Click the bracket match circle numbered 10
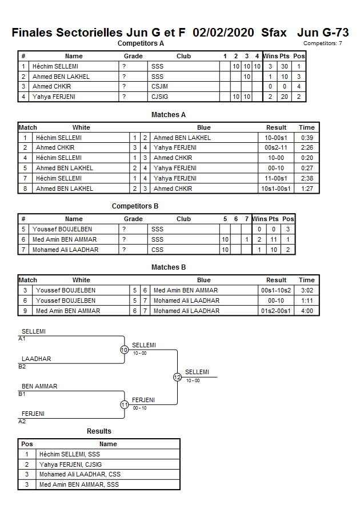point(124,350)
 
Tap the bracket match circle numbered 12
point(177,377)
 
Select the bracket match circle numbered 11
point(124,404)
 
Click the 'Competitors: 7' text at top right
point(323,43)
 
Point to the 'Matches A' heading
point(169,115)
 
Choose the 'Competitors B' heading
point(135,206)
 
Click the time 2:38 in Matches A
point(306,178)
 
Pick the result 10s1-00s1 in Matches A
point(277,189)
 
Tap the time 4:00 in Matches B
point(306,311)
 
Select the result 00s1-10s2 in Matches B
point(277,290)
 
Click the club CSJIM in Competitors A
point(160,87)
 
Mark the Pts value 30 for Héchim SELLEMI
point(284,66)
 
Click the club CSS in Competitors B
point(157,250)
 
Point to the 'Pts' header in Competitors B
point(274,219)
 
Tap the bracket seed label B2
point(22,367)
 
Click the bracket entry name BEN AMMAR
point(39,387)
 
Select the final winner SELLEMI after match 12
point(197,372)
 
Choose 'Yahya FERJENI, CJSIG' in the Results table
point(71,464)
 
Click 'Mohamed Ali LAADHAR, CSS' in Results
point(80,474)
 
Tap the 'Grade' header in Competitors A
point(133,56)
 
